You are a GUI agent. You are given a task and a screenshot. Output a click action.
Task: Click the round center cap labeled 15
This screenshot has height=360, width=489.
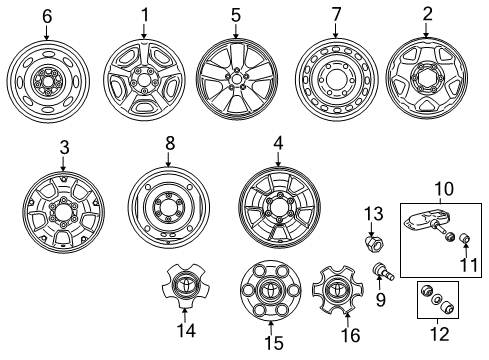point(270,295)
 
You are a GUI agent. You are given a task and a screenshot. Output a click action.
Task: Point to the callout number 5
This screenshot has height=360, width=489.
point(236,16)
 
